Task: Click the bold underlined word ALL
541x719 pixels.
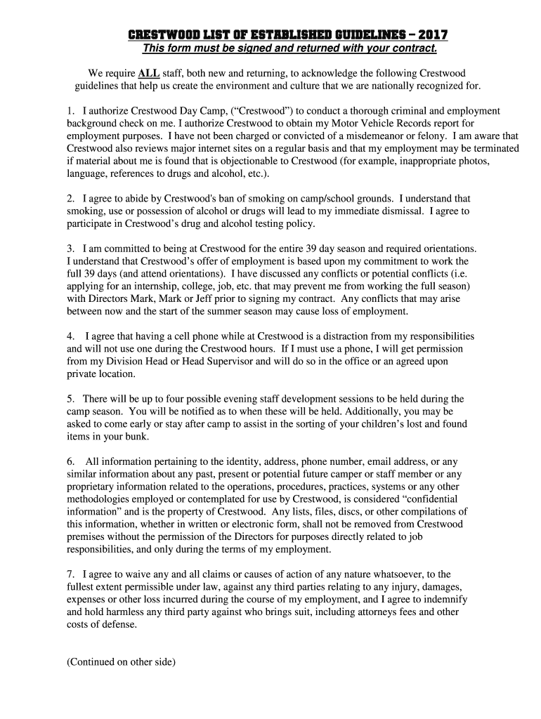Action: click(148, 73)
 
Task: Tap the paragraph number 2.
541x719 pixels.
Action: click(70, 199)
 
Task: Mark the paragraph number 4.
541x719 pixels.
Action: click(70, 336)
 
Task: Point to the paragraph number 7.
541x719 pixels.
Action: click(70, 574)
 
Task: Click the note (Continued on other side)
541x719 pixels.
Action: click(120, 661)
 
